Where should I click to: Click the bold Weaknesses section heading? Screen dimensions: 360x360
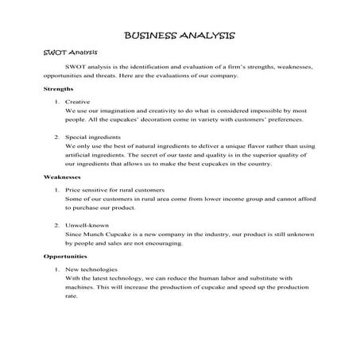[62, 177]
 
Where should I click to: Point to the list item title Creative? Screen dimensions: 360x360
[79, 103]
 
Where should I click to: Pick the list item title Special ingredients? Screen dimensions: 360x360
[98, 138]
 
